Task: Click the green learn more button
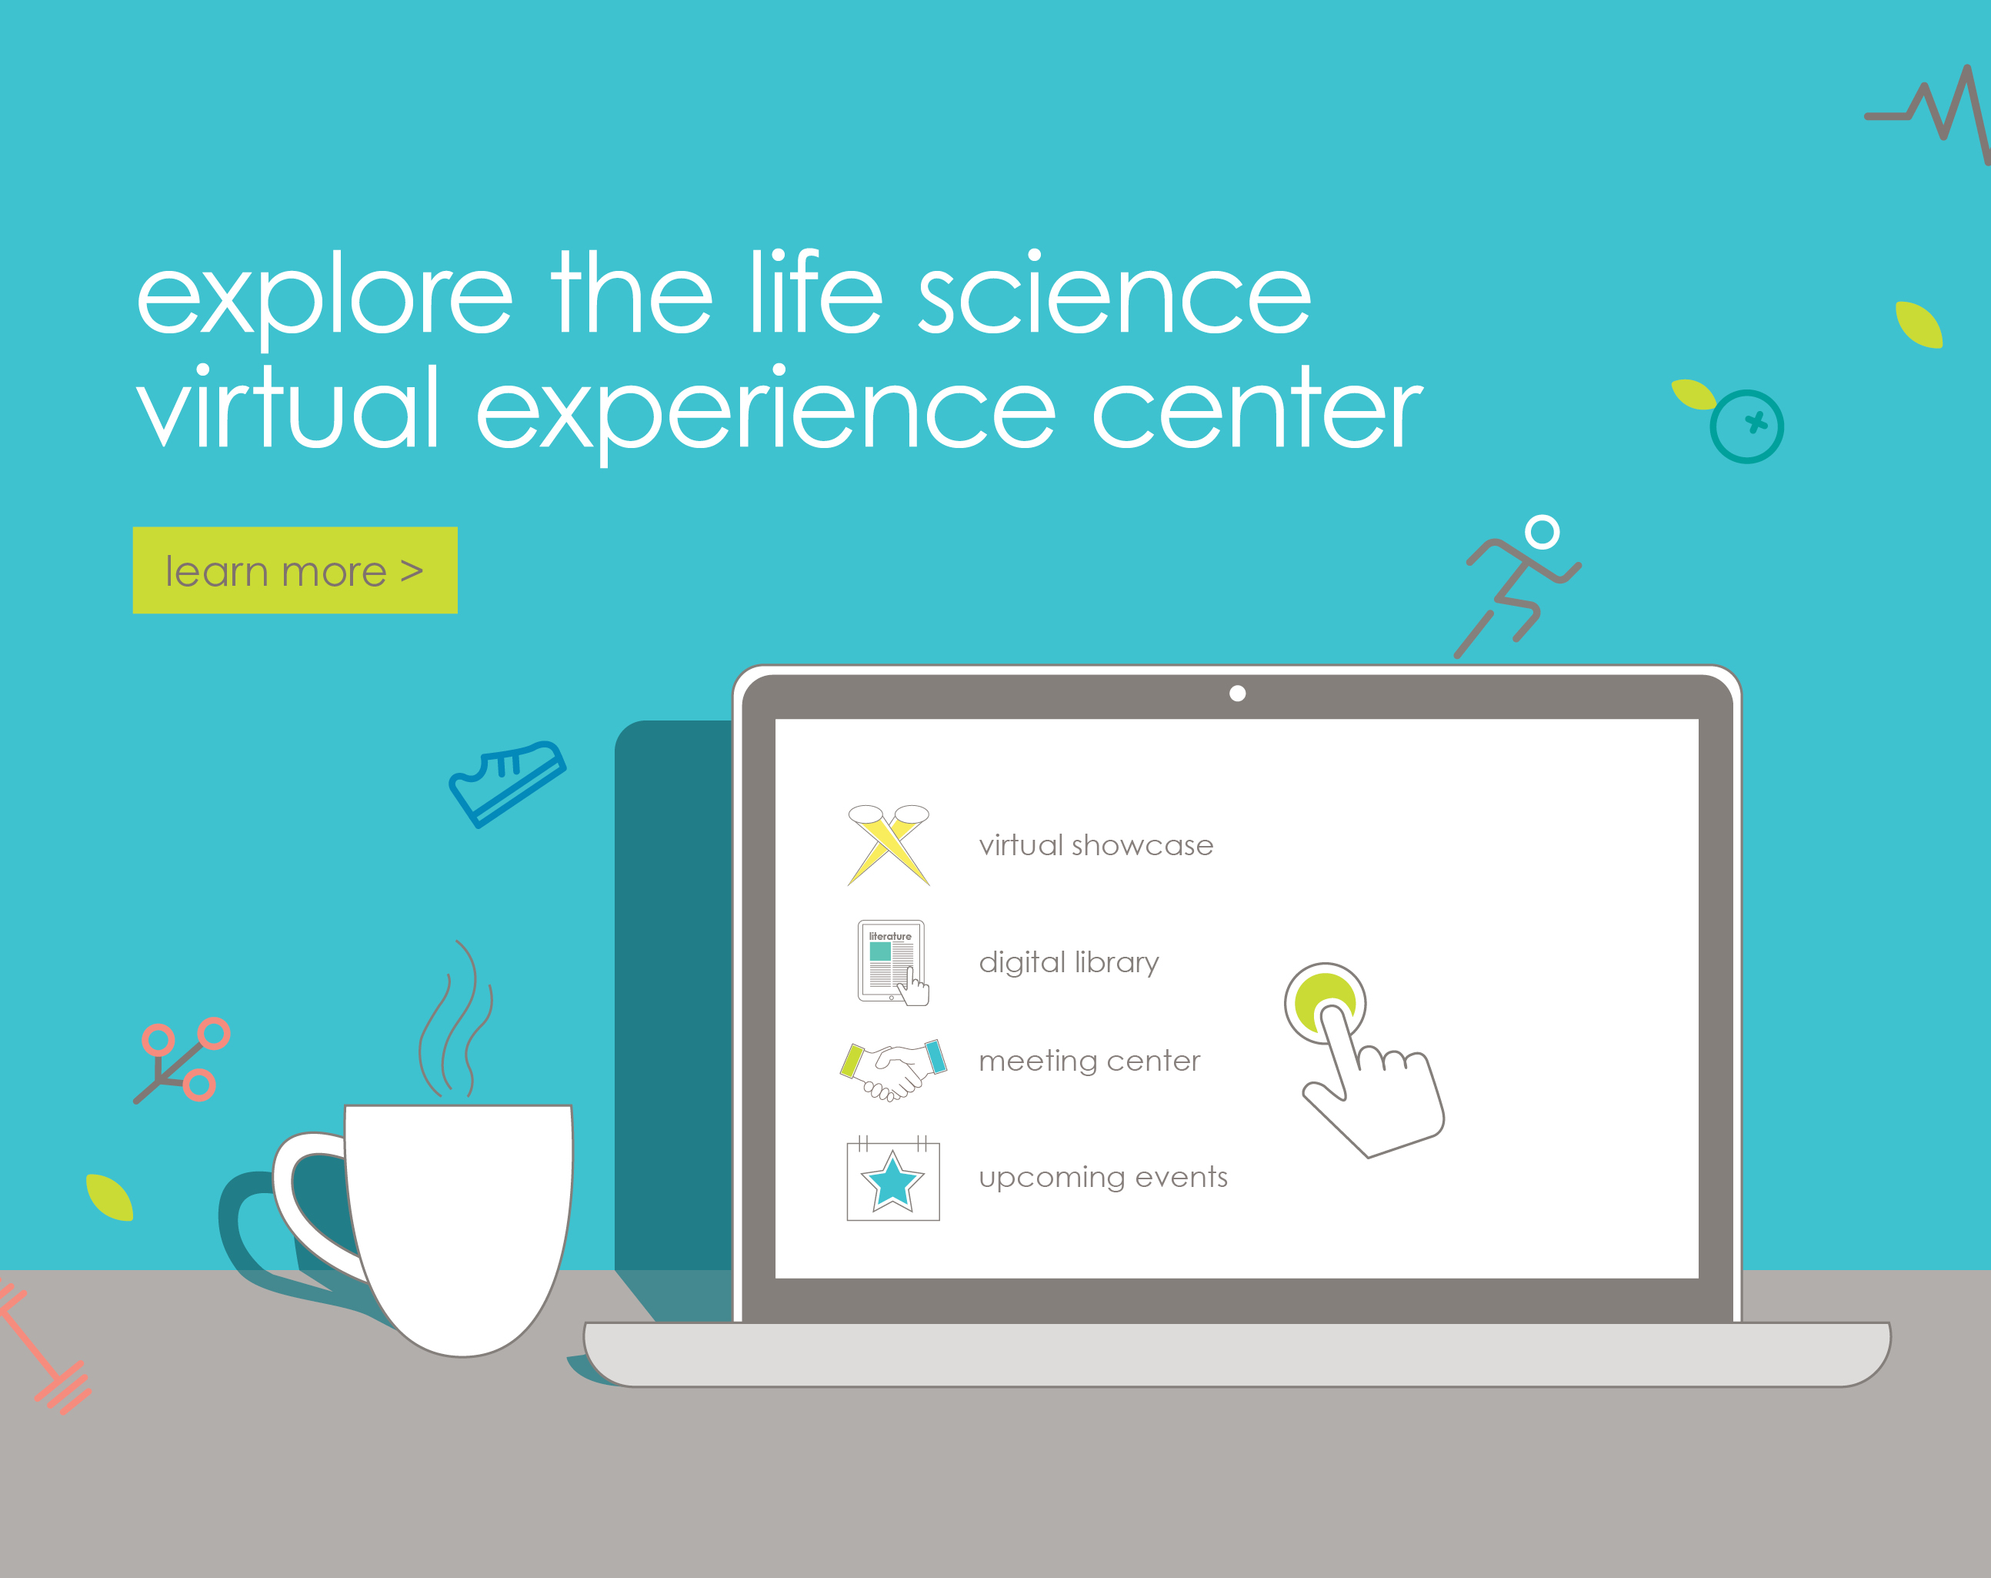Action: coord(295,570)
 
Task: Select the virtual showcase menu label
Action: coord(1096,845)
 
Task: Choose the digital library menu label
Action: coord(1069,963)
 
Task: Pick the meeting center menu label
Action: coord(1089,1061)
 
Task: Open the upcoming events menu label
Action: coord(1103,1177)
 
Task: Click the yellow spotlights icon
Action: coord(889,845)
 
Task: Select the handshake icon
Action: coord(893,1069)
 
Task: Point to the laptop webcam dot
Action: coord(1237,693)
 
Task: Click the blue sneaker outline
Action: coord(507,783)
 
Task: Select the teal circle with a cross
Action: coord(1746,426)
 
